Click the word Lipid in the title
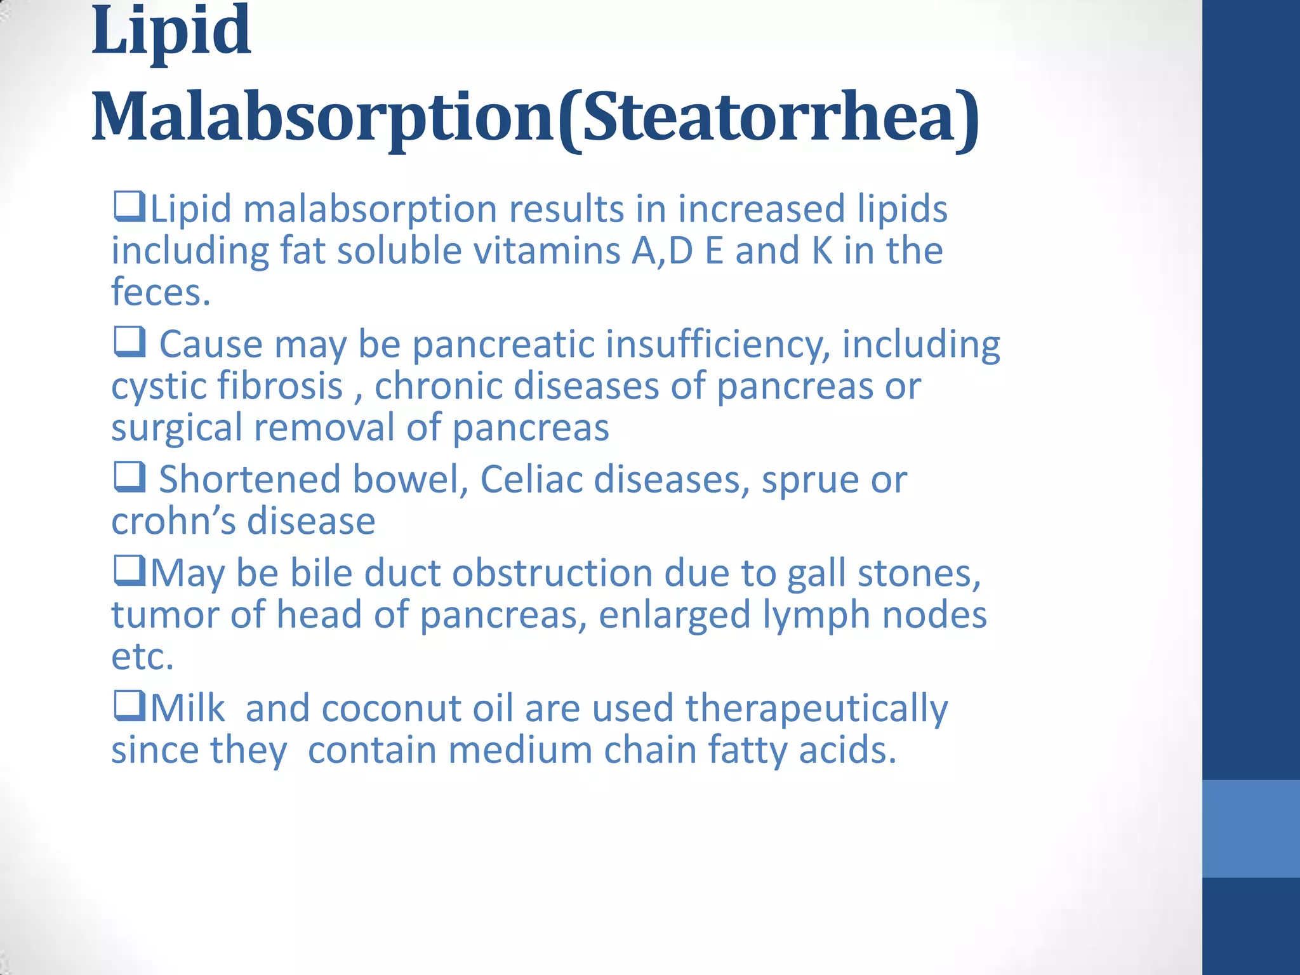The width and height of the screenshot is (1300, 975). (171, 30)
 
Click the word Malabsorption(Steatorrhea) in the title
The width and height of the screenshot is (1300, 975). (535, 117)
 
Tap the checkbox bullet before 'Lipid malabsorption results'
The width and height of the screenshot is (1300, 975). (129, 207)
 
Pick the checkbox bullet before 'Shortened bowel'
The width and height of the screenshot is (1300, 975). (129, 477)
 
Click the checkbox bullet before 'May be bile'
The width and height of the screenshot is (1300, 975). (129, 571)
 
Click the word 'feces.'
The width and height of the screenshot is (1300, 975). (161, 292)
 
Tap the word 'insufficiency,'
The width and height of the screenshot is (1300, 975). (717, 344)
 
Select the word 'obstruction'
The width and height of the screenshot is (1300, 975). (552, 573)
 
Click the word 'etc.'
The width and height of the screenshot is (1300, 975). (142, 656)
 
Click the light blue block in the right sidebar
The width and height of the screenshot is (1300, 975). (1250, 828)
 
